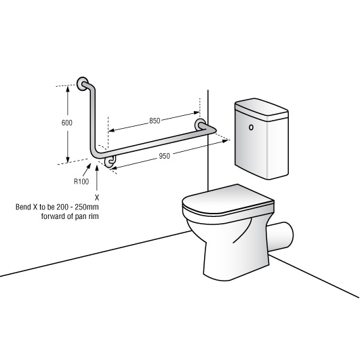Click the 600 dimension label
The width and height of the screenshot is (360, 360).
tap(67, 123)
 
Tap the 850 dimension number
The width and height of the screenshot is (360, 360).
tap(155, 121)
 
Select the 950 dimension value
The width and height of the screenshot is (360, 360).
tap(164, 156)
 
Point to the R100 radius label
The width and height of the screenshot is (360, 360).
tap(81, 182)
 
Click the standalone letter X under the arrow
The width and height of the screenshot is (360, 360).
tap(97, 198)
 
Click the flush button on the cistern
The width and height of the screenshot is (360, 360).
tap(251, 127)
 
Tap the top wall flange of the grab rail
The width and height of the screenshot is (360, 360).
tap(82, 84)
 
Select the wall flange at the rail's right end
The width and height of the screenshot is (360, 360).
tap(200, 125)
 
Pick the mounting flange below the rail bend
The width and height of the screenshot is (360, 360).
tap(110, 161)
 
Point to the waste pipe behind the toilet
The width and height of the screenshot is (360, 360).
tap(281, 237)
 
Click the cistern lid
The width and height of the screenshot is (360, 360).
tap(262, 109)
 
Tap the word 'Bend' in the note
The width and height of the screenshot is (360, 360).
tap(23, 207)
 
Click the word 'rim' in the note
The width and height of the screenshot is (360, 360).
tap(94, 216)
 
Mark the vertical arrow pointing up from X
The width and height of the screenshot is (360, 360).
tap(97, 177)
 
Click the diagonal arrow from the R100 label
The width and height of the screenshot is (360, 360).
tap(87, 169)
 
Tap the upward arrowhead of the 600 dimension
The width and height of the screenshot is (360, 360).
tap(68, 89)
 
